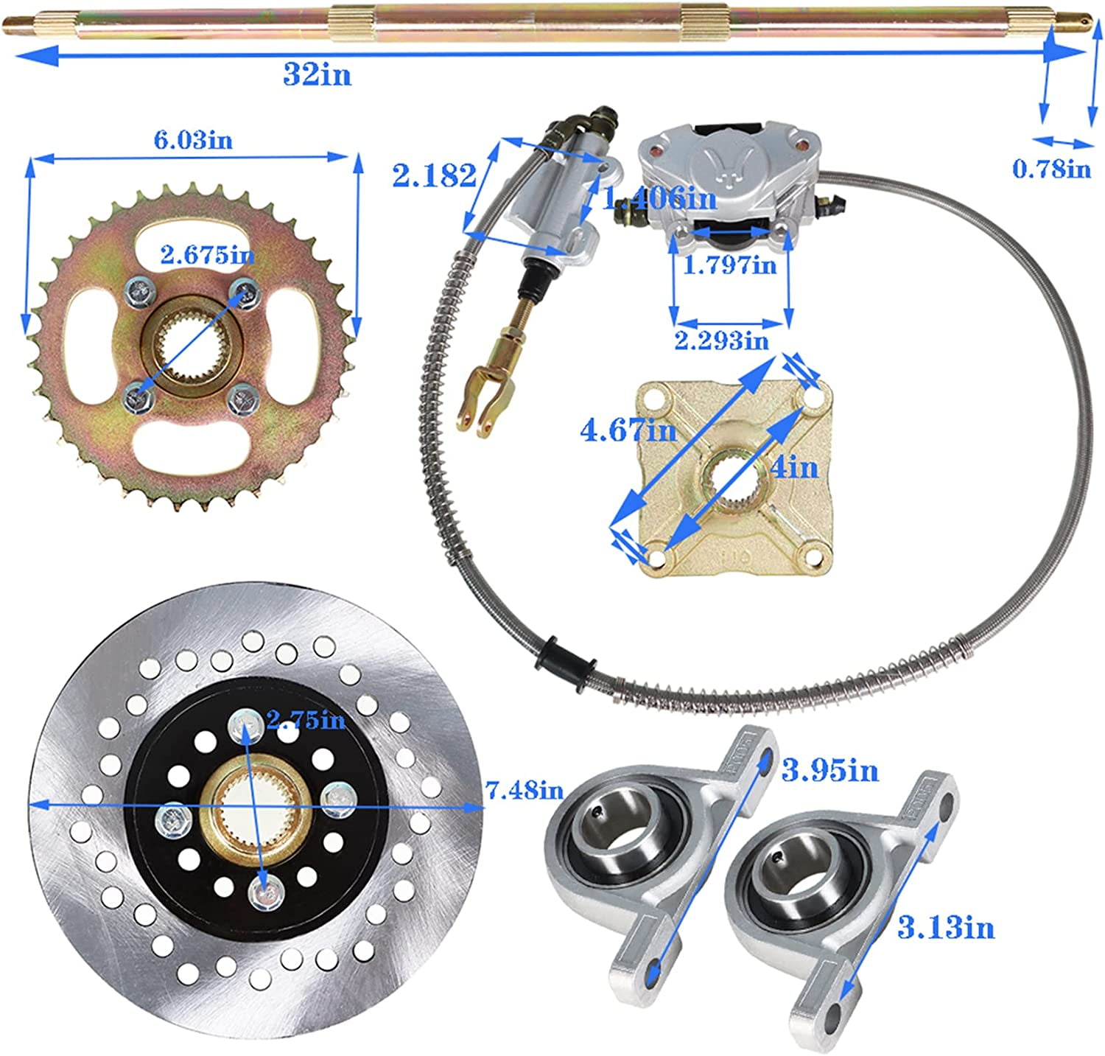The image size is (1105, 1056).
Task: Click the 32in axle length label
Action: coord(317,74)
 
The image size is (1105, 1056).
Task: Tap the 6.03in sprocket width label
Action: coord(193,139)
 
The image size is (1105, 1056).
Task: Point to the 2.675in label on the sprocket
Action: coord(208,255)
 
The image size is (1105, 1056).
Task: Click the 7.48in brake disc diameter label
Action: coord(525,791)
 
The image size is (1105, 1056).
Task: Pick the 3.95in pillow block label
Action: coord(830,771)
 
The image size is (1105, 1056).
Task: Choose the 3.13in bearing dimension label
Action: coord(946,927)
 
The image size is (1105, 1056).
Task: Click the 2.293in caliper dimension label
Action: coord(721,340)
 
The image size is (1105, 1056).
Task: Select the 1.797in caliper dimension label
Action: coord(729,264)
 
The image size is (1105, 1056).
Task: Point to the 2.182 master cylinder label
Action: coord(434,175)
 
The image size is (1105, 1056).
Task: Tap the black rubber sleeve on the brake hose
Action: coord(566,660)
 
